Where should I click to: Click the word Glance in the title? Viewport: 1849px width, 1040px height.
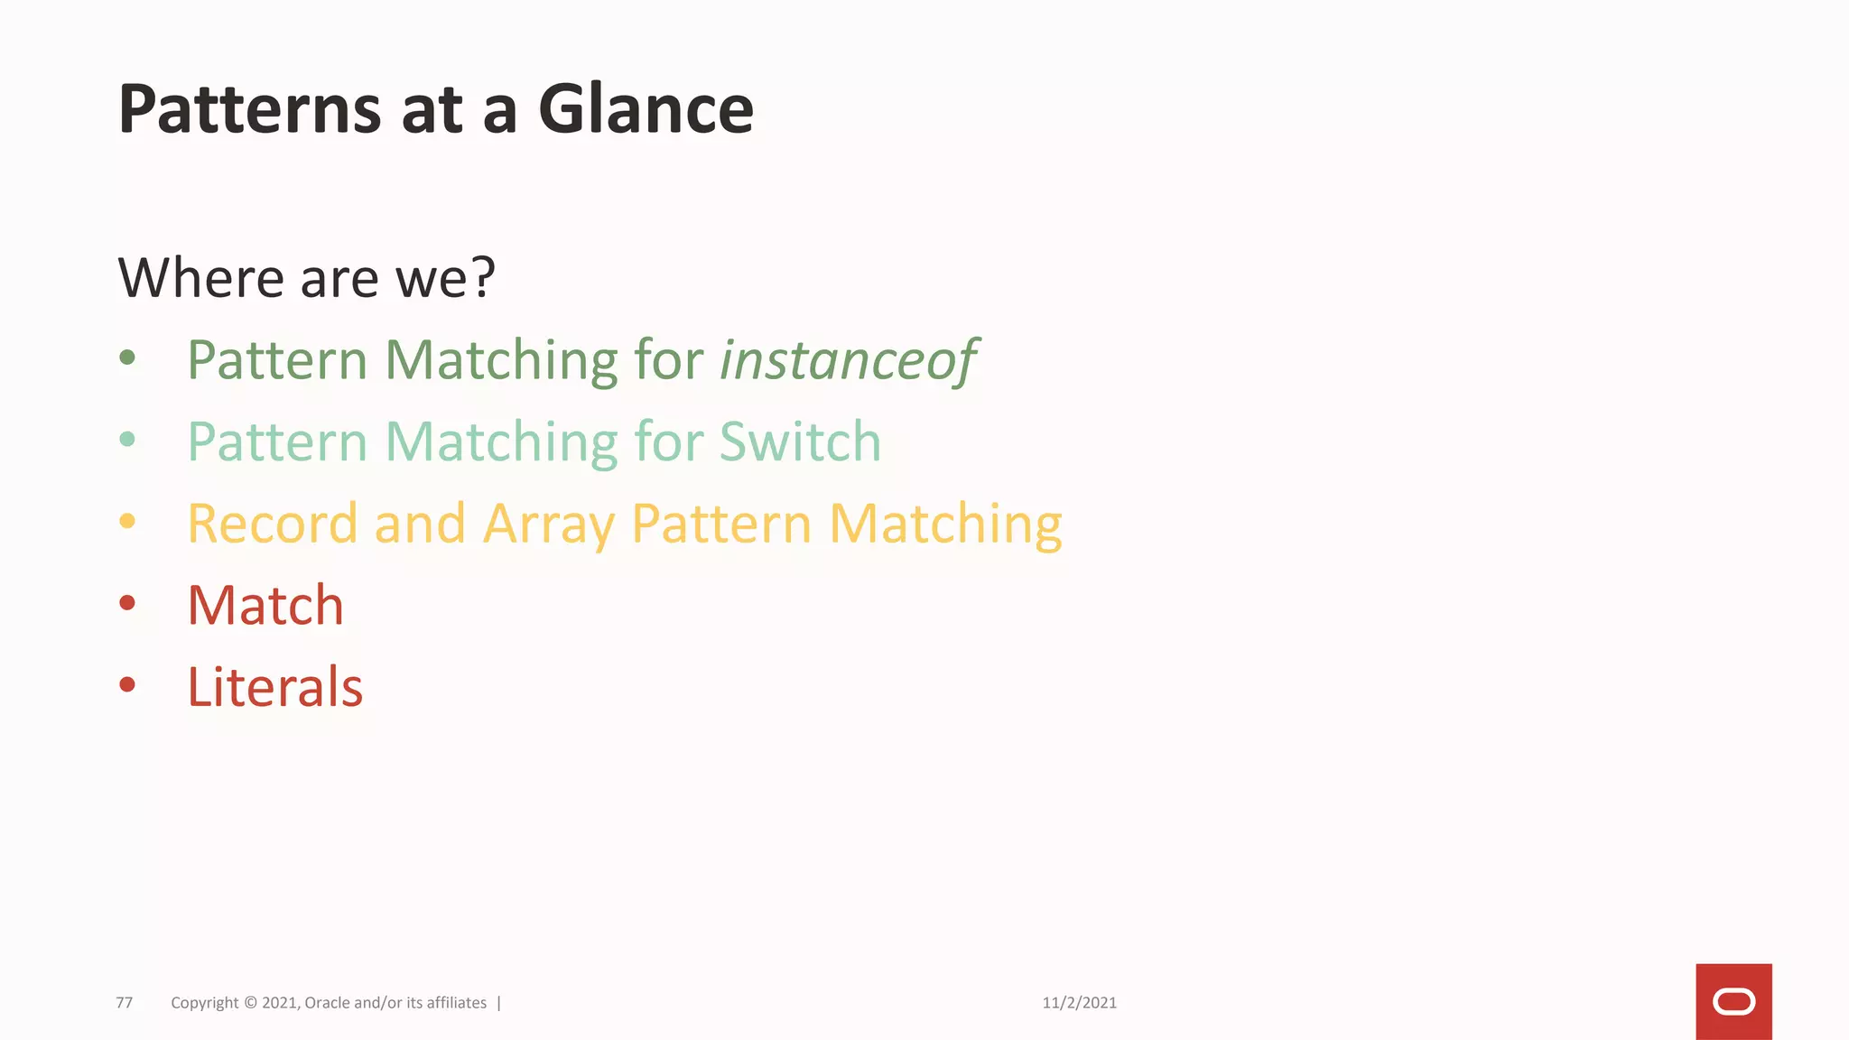tap(646, 109)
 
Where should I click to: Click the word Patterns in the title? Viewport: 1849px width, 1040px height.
tap(250, 109)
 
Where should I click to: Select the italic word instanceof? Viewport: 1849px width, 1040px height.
tap(849, 360)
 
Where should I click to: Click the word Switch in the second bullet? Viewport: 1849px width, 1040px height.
tap(800, 441)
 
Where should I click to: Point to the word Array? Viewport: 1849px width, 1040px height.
tap(549, 525)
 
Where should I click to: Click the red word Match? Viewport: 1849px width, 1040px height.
tap(265, 605)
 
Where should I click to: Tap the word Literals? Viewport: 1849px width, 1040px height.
tap(274, 687)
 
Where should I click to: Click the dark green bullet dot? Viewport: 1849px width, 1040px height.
tap(127, 358)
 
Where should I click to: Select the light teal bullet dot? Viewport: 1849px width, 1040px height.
tap(127, 440)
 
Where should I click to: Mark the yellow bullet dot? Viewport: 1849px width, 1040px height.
tap(127, 521)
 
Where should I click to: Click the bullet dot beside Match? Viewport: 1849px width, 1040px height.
tap(127, 603)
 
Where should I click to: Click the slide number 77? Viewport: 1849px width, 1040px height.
tap(125, 1003)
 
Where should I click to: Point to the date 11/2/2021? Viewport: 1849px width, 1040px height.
tap(1079, 1003)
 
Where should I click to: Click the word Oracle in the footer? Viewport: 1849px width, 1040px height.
tap(328, 1003)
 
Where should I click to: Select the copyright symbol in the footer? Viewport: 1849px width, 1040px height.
tap(250, 1003)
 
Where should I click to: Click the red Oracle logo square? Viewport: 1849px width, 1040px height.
tap(1733, 1001)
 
